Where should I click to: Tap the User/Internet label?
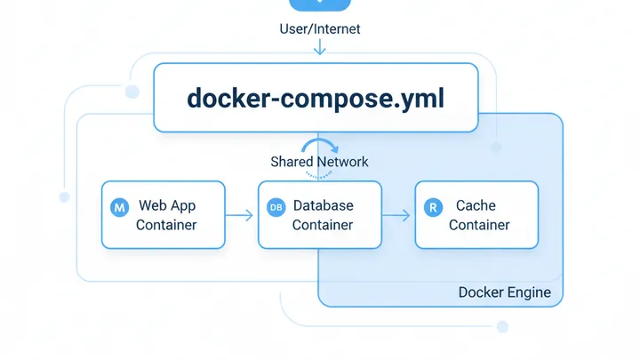click(319, 29)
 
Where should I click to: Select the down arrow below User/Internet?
click(319, 47)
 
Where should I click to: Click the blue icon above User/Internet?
click(319, 4)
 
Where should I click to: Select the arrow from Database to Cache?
click(397, 214)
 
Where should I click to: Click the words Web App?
click(166, 205)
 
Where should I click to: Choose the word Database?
click(323, 205)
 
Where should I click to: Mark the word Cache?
click(476, 205)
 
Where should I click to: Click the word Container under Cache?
click(479, 225)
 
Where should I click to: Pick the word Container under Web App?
click(166, 225)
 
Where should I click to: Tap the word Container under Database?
click(323, 225)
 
